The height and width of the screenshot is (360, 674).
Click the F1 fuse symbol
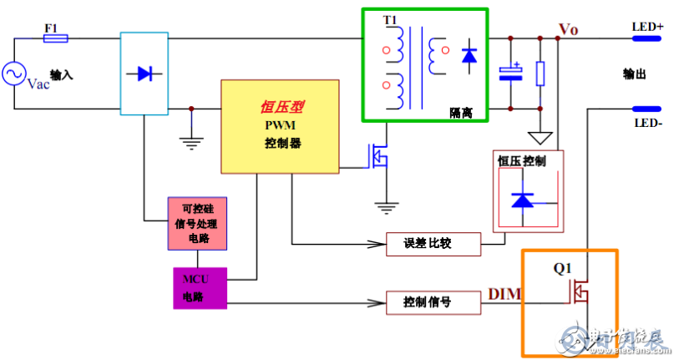point(56,38)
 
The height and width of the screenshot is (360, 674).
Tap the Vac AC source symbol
point(14,74)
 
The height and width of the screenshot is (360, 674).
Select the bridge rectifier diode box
point(144,74)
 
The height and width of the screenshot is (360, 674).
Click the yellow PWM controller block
point(281,125)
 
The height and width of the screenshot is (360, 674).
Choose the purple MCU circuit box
point(198,286)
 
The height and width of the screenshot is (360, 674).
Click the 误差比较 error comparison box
point(433,244)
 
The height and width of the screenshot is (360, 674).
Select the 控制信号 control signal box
point(433,302)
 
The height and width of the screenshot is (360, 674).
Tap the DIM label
point(504,294)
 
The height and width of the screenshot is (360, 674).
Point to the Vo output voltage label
point(569,30)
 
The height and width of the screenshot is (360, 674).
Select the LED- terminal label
point(647,123)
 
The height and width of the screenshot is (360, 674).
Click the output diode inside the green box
point(469,55)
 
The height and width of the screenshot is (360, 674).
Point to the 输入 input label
point(62,75)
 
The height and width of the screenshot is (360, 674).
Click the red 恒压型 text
point(282,107)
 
